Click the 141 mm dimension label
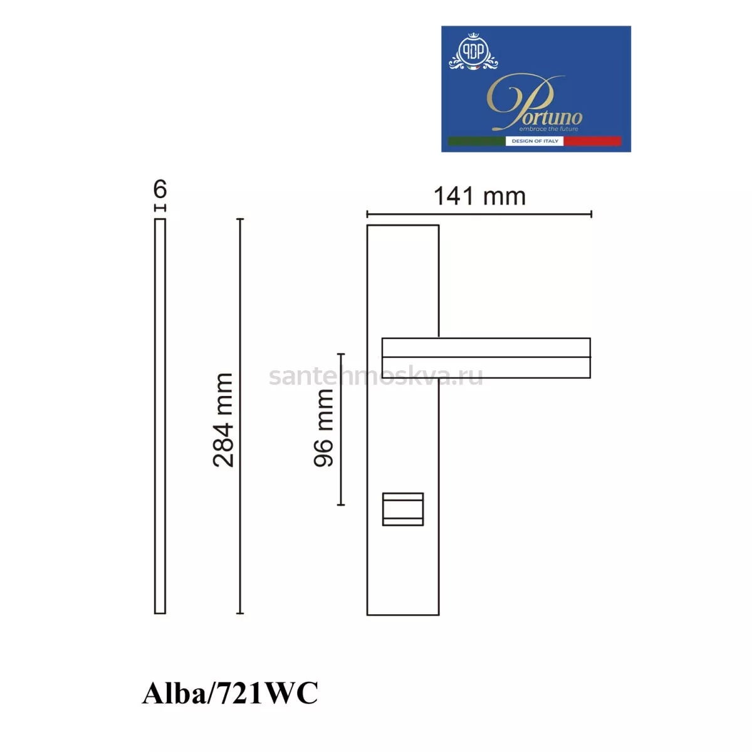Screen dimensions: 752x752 479,196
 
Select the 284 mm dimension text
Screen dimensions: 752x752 223,420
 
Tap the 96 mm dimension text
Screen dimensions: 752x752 323,428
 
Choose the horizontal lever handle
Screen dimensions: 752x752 486,358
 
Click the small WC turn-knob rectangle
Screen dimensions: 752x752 403,509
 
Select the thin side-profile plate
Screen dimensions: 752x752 160,416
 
